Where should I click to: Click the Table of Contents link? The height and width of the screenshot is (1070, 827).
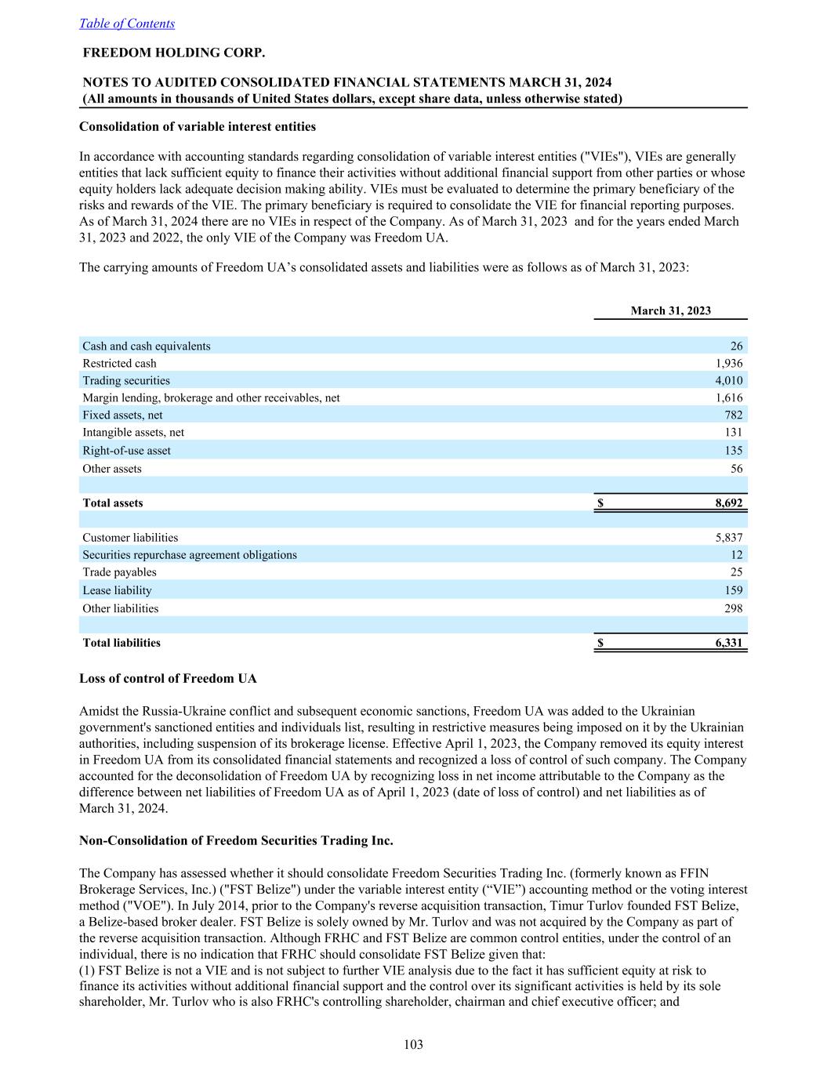tap(127, 24)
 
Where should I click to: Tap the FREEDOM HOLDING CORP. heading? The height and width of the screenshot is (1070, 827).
tap(174, 53)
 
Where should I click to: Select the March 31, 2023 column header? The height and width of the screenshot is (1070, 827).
tap(670, 310)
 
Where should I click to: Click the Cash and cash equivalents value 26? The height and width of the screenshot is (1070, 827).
tap(736, 346)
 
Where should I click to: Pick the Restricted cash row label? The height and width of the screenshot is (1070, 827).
tap(119, 363)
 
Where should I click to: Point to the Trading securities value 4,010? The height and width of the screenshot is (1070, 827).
tap(728, 380)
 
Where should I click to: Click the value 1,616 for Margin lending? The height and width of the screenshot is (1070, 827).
tap(728, 397)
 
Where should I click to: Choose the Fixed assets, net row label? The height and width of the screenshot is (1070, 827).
tap(122, 415)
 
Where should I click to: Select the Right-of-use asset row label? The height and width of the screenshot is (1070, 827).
tap(126, 451)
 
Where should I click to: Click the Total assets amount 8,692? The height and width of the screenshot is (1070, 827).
tap(728, 503)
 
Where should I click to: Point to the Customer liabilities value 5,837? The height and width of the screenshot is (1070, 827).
tap(728, 538)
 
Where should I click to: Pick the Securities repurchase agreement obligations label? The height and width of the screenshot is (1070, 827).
tap(190, 555)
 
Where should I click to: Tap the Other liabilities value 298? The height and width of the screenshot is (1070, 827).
tap(732, 608)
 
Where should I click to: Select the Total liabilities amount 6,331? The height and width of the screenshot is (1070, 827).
tap(728, 643)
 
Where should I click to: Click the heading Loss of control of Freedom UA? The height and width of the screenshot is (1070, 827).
tap(168, 678)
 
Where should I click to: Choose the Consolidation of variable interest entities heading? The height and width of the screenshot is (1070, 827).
tap(198, 126)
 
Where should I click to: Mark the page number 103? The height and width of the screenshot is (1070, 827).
tap(413, 1044)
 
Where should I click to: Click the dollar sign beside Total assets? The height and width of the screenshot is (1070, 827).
tap(600, 503)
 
